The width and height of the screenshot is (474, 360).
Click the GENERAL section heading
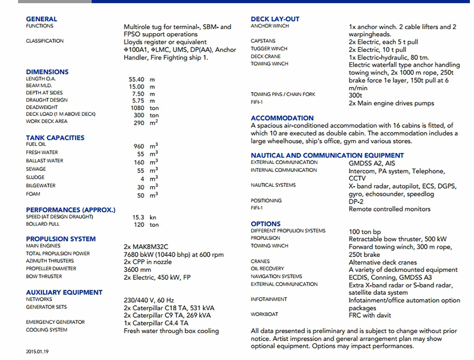[42, 19]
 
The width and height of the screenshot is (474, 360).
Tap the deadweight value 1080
[138, 108]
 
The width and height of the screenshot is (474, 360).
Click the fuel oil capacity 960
[138, 146]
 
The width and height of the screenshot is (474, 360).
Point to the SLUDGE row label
[35, 178]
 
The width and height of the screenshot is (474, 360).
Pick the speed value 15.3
[138, 218]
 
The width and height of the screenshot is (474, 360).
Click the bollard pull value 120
[138, 225]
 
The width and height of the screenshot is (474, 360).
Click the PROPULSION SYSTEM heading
[61, 239]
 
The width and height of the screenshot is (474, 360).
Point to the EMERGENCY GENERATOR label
[55, 322]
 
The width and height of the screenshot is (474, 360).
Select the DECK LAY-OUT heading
[275, 19]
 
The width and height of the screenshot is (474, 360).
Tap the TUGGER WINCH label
[269, 49]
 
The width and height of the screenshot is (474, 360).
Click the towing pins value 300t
[356, 95]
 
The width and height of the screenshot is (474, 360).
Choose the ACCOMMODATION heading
[282, 118]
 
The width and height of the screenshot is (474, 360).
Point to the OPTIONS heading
[266, 223]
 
